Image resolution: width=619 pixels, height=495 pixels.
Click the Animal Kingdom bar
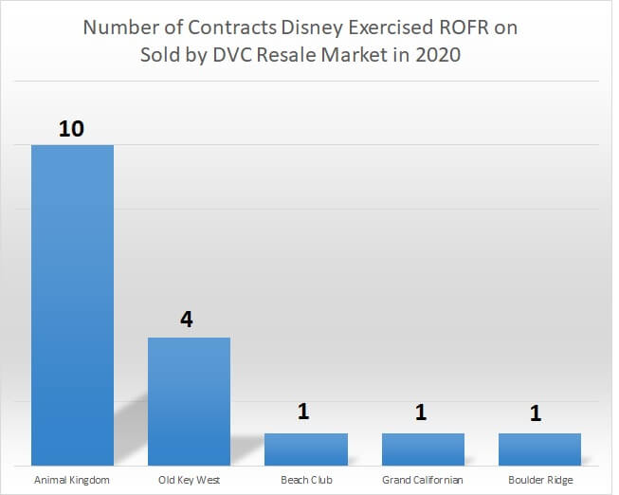(x=72, y=303)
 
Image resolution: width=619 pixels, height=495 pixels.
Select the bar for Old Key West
(x=189, y=399)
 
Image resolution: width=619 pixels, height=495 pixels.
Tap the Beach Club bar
(x=305, y=448)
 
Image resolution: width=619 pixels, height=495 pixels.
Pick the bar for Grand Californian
(x=423, y=448)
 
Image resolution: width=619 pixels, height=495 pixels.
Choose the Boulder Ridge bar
(x=539, y=448)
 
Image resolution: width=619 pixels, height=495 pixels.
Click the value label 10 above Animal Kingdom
(x=72, y=128)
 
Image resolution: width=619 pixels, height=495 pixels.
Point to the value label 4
(x=188, y=320)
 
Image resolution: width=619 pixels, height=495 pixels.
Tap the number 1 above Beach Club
(x=305, y=413)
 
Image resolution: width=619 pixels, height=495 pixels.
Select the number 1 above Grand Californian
(x=422, y=413)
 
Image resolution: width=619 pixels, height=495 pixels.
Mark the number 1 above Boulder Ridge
(x=538, y=413)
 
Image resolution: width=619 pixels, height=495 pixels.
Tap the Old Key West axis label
(x=189, y=480)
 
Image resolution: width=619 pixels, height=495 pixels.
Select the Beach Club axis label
(x=305, y=480)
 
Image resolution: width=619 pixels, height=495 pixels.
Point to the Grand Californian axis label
(x=423, y=480)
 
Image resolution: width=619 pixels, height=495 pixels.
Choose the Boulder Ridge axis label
(x=540, y=480)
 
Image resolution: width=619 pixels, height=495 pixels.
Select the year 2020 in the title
(x=437, y=54)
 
